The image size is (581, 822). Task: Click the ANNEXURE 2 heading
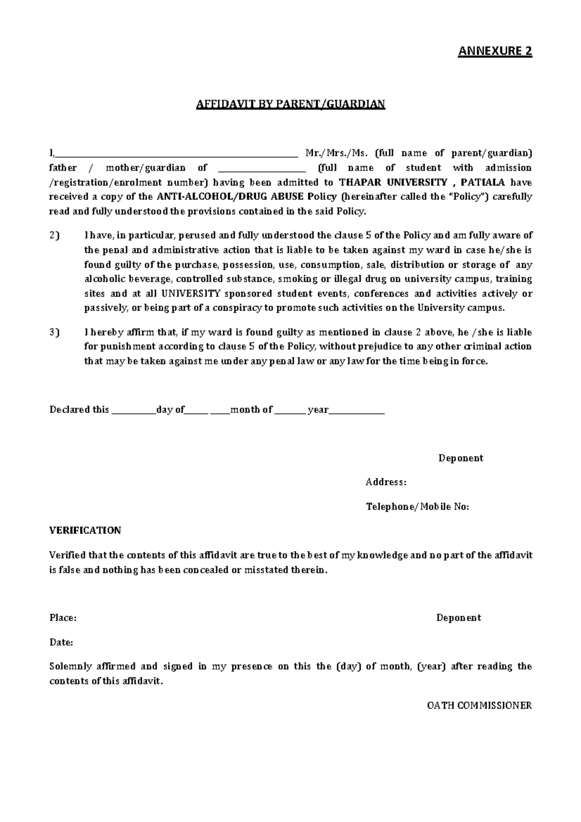click(495, 51)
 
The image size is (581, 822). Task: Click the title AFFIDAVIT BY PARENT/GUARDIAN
click(290, 104)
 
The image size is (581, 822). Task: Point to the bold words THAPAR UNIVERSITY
click(393, 183)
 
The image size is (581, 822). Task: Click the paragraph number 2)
click(54, 236)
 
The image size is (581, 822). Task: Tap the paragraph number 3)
click(54, 333)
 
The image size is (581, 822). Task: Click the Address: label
click(386, 482)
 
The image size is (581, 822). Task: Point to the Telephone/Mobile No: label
click(417, 507)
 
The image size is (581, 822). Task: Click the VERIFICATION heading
click(85, 531)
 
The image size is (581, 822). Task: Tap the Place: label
click(63, 618)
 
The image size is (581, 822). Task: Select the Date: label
click(61, 642)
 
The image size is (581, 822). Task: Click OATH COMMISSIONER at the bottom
click(479, 705)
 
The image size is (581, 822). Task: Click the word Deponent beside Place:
click(459, 618)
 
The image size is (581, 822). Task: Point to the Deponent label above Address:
click(460, 458)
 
